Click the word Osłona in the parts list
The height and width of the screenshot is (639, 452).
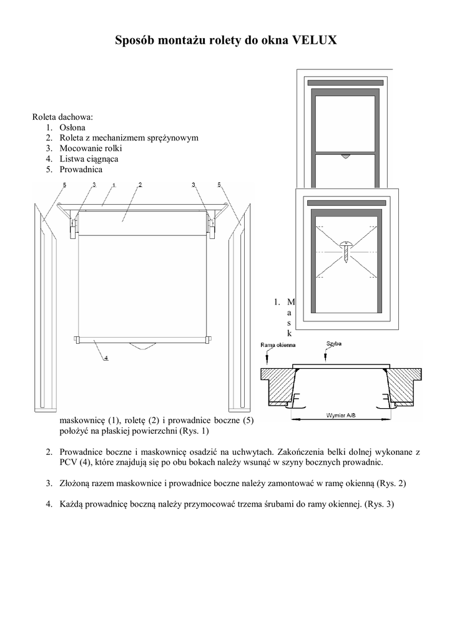[73, 127]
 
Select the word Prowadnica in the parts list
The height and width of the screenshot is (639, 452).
[81, 169]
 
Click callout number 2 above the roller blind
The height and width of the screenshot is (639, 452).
[139, 184]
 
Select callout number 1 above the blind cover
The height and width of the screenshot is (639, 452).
[114, 185]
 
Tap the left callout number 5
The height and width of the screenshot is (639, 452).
[64, 185]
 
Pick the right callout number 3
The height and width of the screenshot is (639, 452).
[194, 185]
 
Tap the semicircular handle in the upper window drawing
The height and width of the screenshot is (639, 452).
[346, 157]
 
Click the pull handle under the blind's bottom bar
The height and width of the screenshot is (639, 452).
[141, 345]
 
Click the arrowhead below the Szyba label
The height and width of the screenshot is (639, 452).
[326, 358]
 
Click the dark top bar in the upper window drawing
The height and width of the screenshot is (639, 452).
[345, 83]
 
